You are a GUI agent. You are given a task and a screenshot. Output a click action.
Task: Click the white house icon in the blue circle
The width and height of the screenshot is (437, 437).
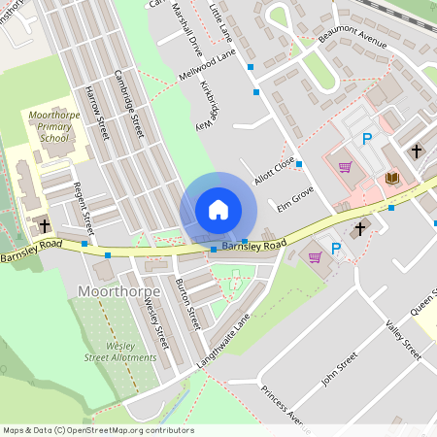click(x=218, y=210)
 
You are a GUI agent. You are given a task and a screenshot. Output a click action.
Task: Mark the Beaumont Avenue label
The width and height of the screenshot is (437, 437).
click(x=353, y=37)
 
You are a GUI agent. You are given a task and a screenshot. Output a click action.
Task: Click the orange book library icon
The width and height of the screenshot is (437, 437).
click(x=392, y=178)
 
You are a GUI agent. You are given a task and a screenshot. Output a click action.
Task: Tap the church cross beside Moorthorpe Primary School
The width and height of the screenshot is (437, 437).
click(x=45, y=226)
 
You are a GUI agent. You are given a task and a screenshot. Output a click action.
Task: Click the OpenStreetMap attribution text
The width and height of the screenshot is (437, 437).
click(x=97, y=429)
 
